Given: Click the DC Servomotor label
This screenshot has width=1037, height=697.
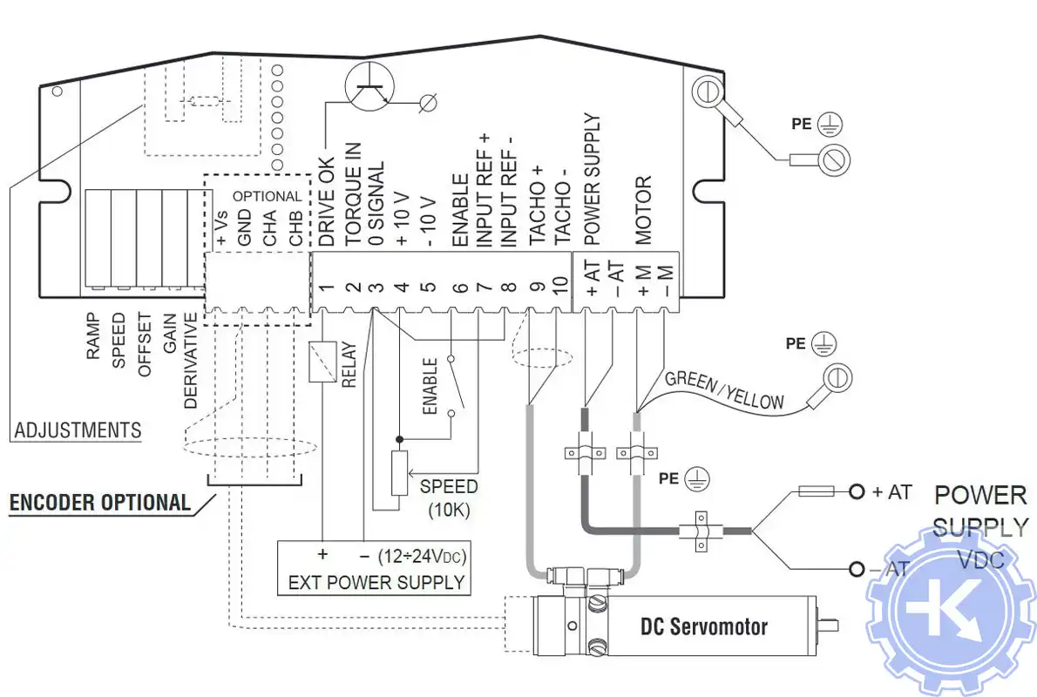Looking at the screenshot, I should (704, 626).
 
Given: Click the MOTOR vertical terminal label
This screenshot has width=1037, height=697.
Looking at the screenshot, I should (643, 209).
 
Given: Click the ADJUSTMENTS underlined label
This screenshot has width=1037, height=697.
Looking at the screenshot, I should (78, 430).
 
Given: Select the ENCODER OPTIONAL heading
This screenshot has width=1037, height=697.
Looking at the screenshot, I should (99, 503).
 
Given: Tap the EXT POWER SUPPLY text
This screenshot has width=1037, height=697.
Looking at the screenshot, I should (376, 581).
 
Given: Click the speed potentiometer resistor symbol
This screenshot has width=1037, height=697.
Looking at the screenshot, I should (399, 473).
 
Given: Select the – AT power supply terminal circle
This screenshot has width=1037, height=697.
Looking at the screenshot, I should (857, 570).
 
